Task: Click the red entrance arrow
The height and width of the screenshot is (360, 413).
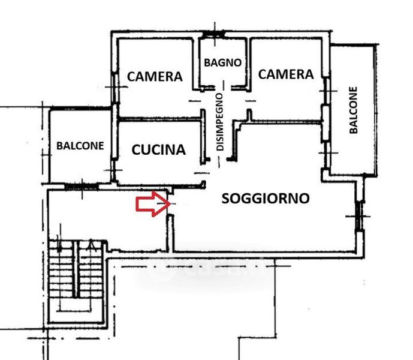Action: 153,204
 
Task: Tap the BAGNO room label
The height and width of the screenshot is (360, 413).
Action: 223,63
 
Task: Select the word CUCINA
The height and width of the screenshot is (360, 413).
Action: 159,149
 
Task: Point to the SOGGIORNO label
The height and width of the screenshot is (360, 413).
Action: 266,199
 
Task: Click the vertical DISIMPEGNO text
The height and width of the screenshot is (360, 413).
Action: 220,122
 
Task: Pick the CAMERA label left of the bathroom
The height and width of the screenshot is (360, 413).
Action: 155,76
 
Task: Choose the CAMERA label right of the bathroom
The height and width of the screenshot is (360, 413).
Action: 286,74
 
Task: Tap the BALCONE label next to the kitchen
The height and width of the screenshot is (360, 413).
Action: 80,146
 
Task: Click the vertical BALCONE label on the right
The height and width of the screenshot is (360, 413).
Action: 354,110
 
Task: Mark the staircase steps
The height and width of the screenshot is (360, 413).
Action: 76,269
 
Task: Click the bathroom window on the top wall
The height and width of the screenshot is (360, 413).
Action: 215,34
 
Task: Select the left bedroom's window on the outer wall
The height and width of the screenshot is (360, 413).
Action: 114,88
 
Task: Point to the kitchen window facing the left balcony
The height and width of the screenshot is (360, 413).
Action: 114,170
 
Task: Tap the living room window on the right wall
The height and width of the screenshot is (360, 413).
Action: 358,216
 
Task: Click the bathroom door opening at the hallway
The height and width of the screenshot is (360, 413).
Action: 224,88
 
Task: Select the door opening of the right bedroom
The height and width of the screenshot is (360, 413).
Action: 248,101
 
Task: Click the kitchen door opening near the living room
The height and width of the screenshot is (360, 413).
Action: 203,173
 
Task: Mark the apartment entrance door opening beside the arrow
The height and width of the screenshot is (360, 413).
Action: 170,205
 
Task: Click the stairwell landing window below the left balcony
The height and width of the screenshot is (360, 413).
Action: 82,187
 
